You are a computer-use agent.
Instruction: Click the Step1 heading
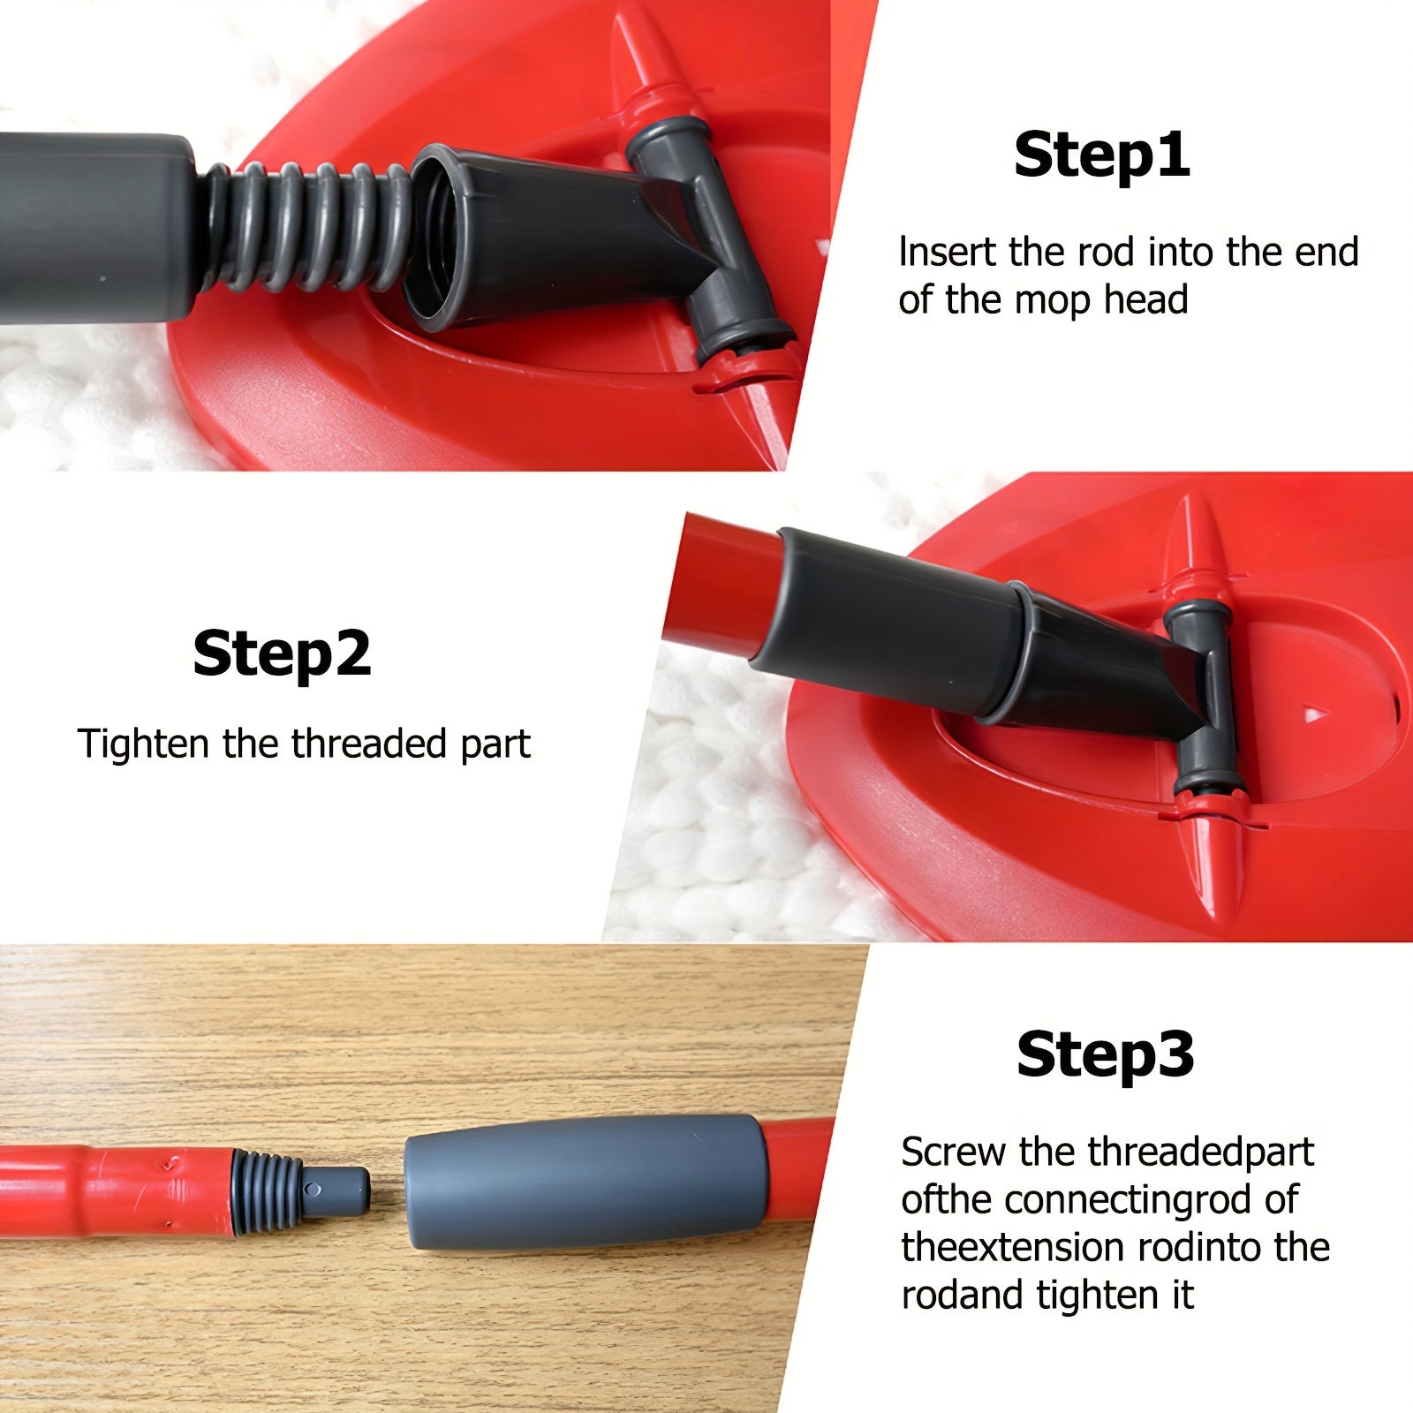coord(1101,155)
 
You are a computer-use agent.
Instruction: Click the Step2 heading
coord(282,654)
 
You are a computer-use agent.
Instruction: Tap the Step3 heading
coord(1105,1054)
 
